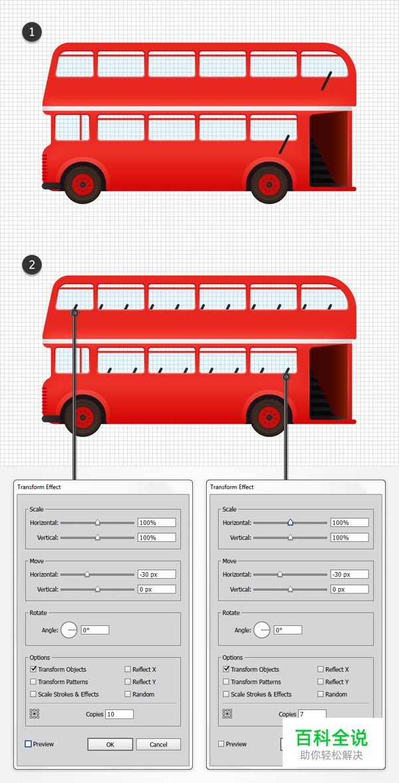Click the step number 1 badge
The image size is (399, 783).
pos(32,33)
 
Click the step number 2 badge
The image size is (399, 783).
pos(32,265)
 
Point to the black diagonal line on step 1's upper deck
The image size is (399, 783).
pos(327,81)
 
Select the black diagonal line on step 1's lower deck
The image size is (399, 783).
pos(284,144)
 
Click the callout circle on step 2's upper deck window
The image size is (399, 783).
pos(74,313)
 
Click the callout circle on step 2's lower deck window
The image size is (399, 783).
pos(286,377)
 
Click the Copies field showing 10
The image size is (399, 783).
pos(119,714)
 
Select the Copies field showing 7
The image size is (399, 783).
pos(312,714)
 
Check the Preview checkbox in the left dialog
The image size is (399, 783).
pos(28,744)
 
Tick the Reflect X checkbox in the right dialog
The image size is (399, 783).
pos(321,669)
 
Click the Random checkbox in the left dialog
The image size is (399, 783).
pos(128,694)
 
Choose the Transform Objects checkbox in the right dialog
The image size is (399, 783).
pos(226,669)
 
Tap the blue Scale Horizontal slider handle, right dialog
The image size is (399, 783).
pos(290,522)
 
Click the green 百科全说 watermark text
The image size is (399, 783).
pos(331,738)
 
